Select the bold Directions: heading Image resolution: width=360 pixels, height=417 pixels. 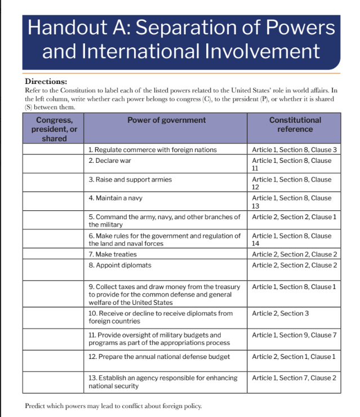point(46,81)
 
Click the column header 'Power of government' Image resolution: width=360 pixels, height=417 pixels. point(166,120)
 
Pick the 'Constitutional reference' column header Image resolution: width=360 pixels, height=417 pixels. point(295,125)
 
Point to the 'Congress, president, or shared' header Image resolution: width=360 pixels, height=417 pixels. point(54,129)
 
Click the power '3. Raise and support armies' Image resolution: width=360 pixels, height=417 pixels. point(130,180)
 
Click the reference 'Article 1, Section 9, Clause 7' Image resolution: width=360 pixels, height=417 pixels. point(294,335)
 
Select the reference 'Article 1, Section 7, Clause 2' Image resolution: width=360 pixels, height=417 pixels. point(294,378)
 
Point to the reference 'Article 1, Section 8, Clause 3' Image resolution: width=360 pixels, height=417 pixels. point(294,150)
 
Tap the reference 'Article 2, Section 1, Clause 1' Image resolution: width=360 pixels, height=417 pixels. point(294,357)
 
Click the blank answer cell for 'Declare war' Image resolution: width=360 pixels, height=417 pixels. point(54,165)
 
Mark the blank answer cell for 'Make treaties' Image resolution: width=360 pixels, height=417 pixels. point(54,255)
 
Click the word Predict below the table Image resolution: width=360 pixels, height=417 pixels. point(38,406)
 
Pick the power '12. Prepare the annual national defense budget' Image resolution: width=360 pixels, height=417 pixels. point(159,357)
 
